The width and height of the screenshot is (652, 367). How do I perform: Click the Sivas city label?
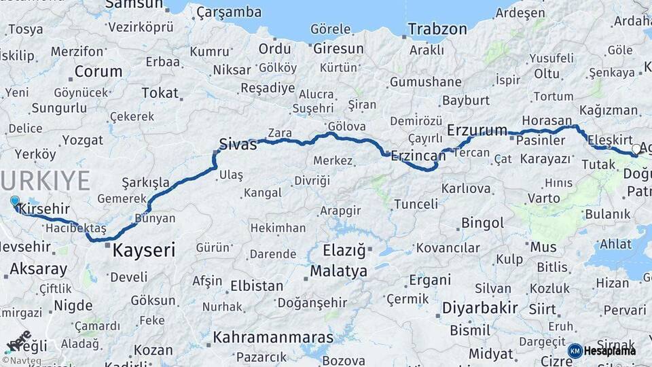pyautogui.click(x=238, y=143)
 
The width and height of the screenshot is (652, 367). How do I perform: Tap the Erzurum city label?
pyautogui.click(x=477, y=130)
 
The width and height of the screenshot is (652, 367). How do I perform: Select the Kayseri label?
pyautogui.click(x=143, y=249)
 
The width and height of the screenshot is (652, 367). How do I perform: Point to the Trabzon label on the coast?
pyautogui.click(x=437, y=29)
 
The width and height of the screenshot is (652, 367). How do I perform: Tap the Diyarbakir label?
pyautogui.click(x=480, y=307)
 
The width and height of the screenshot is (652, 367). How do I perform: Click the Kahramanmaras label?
pyautogui.click(x=273, y=337)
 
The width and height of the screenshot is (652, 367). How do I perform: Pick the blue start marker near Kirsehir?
pyautogui.click(x=15, y=200)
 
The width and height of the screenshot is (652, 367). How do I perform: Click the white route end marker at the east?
pyautogui.click(x=636, y=148)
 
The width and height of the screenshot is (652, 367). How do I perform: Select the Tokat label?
pyautogui.click(x=141, y=92)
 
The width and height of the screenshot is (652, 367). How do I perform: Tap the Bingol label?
pyautogui.click(x=482, y=223)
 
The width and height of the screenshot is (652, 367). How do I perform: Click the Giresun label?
pyautogui.click(x=338, y=49)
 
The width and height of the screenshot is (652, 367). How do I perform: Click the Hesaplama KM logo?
pyautogui.click(x=602, y=351)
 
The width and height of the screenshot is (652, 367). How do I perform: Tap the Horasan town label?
pyautogui.click(x=547, y=119)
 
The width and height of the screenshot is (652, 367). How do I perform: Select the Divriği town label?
pyautogui.click(x=312, y=181)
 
